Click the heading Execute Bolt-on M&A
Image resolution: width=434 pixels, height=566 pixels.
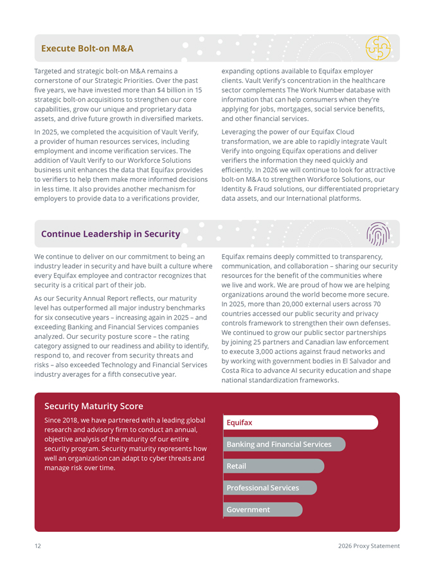click(87, 48)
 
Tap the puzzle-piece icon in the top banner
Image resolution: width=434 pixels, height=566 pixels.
click(377, 48)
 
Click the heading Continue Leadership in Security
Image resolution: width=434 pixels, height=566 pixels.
click(111, 234)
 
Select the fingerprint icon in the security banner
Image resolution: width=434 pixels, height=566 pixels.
click(377, 234)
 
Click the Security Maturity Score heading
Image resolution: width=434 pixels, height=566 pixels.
click(94, 406)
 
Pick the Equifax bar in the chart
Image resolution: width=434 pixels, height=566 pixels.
click(300, 423)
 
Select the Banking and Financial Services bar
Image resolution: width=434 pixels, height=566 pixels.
click(284, 444)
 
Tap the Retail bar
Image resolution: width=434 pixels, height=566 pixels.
click(273, 466)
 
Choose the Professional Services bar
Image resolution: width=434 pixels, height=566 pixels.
click(270, 488)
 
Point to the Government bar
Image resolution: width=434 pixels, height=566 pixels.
click(262, 509)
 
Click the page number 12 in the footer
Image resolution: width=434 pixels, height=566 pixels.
click(38, 546)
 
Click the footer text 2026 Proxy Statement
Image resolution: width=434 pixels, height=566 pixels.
click(368, 546)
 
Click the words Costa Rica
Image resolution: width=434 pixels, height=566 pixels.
click(239, 370)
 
